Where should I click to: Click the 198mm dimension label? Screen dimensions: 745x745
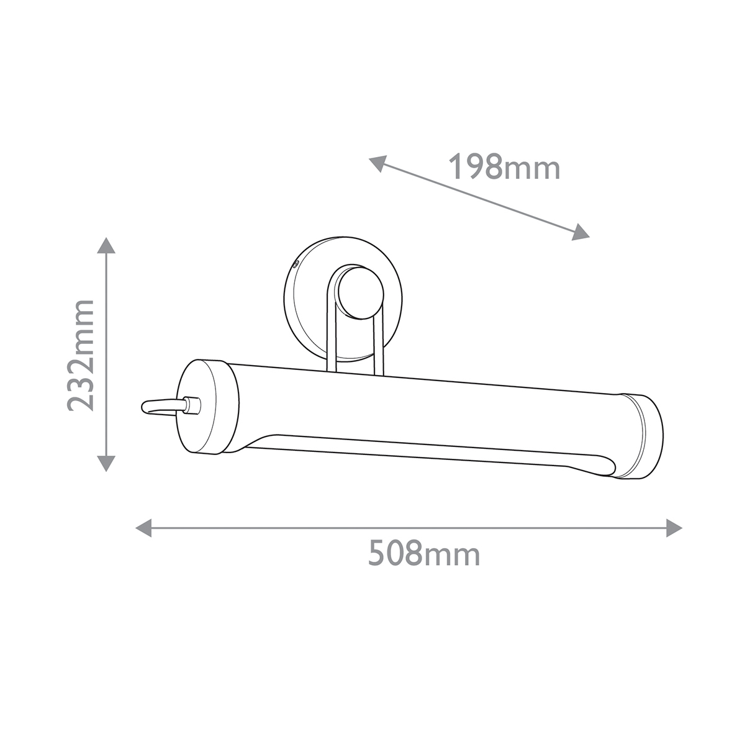504,167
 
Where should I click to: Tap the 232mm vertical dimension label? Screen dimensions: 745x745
81,356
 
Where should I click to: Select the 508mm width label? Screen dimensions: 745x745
424,553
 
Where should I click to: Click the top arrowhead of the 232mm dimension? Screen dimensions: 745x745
106,245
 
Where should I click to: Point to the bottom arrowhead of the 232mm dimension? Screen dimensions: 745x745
106,464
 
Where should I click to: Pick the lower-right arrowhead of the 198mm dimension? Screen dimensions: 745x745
580,233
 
